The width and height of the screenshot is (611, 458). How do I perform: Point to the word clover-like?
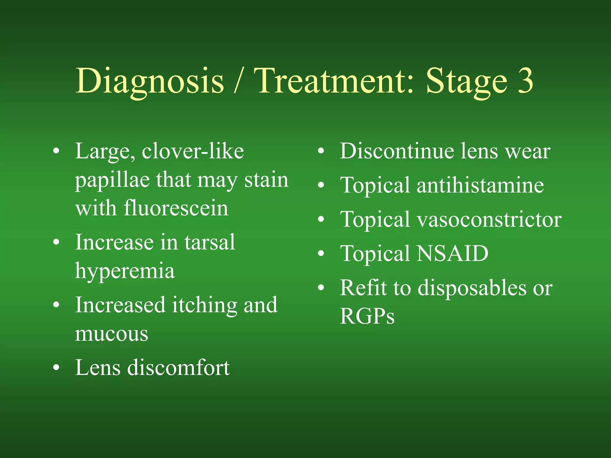coord(193,151)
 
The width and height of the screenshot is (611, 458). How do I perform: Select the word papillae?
coord(112,180)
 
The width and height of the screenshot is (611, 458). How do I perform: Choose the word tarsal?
coord(210,242)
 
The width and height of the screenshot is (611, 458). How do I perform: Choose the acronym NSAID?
coord(452,254)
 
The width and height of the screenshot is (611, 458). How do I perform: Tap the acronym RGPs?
coord(367,316)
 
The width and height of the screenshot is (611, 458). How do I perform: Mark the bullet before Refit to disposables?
coord(321,288)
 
